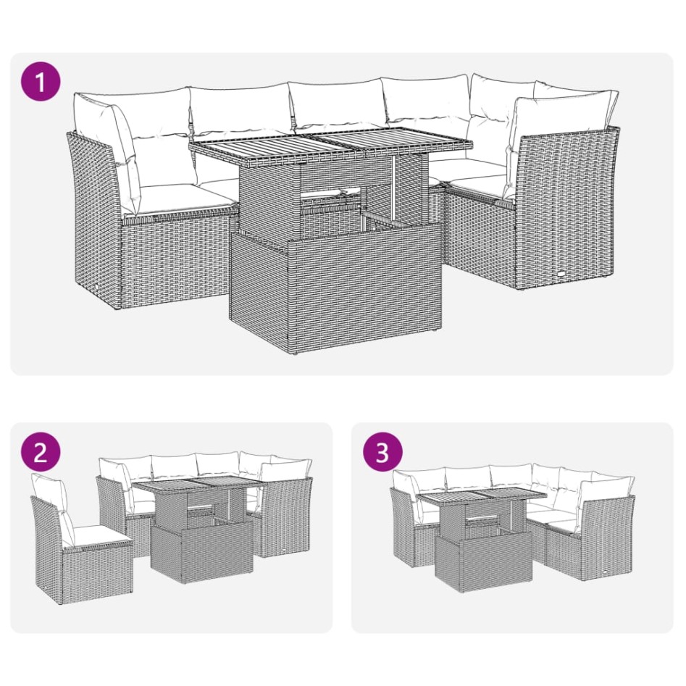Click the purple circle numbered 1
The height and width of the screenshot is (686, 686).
[x=41, y=83]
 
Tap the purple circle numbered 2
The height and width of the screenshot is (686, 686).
[x=41, y=452]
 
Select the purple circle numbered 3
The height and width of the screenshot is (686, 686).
[x=382, y=452]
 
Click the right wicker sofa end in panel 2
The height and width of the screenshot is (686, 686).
[x=286, y=518]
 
